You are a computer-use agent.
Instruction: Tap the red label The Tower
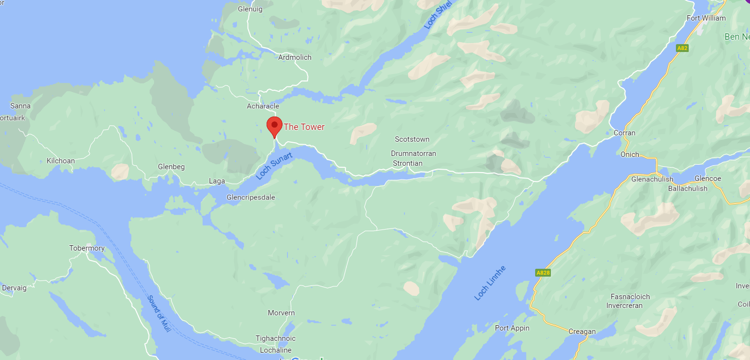pyautogui.click(x=304, y=127)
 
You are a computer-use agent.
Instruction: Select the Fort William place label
pyautogui.click(x=706, y=18)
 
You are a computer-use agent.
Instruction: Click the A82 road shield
pyautogui.click(x=682, y=48)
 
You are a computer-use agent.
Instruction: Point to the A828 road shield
pyautogui.click(x=543, y=273)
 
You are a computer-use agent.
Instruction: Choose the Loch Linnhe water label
pyautogui.click(x=490, y=283)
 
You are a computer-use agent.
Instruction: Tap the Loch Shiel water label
pyautogui.click(x=437, y=15)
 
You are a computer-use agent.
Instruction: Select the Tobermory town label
pyautogui.click(x=87, y=248)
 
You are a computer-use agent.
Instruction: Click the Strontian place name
pyautogui.click(x=408, y=163)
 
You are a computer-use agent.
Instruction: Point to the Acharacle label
pyautogui.click(x=263, y=106)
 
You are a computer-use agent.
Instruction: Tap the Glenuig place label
pyautogui.click(x=250, y=9)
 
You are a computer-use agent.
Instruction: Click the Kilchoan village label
pyautogui.click(x=61, y=161)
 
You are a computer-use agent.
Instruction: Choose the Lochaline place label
pyautogui.click(x=276, y=350)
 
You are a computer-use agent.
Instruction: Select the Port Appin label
pyautogui.click(x=512, y=328)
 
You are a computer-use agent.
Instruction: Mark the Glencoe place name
pyautogui.click(x=708, y=179)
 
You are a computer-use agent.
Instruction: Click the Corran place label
pyautogui.click(x=624, y=133)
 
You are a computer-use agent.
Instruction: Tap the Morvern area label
pyautogui.click(x=281, y=313)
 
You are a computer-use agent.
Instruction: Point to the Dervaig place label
pyautogui.click(x=14, y=288)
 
